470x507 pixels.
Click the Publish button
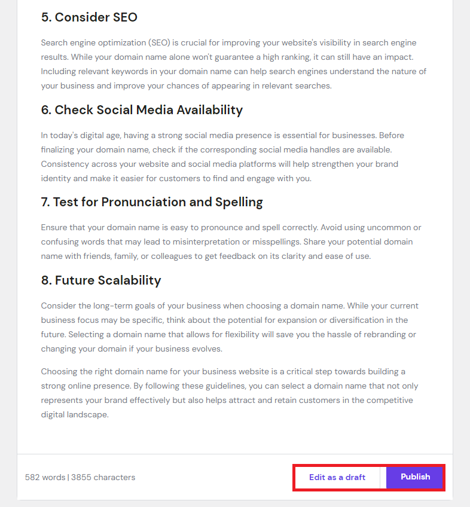[415, 477]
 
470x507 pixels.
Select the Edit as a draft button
[337, 478]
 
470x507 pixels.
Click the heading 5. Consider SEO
[89, 17]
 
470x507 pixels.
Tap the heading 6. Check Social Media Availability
[142, 110]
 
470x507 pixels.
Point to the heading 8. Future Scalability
[101, 280]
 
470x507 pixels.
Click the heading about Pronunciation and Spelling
[152, 202]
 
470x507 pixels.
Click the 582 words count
[45, 478]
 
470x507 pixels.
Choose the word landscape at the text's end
[88, 414]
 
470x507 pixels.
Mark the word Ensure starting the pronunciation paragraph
[54, 228]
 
